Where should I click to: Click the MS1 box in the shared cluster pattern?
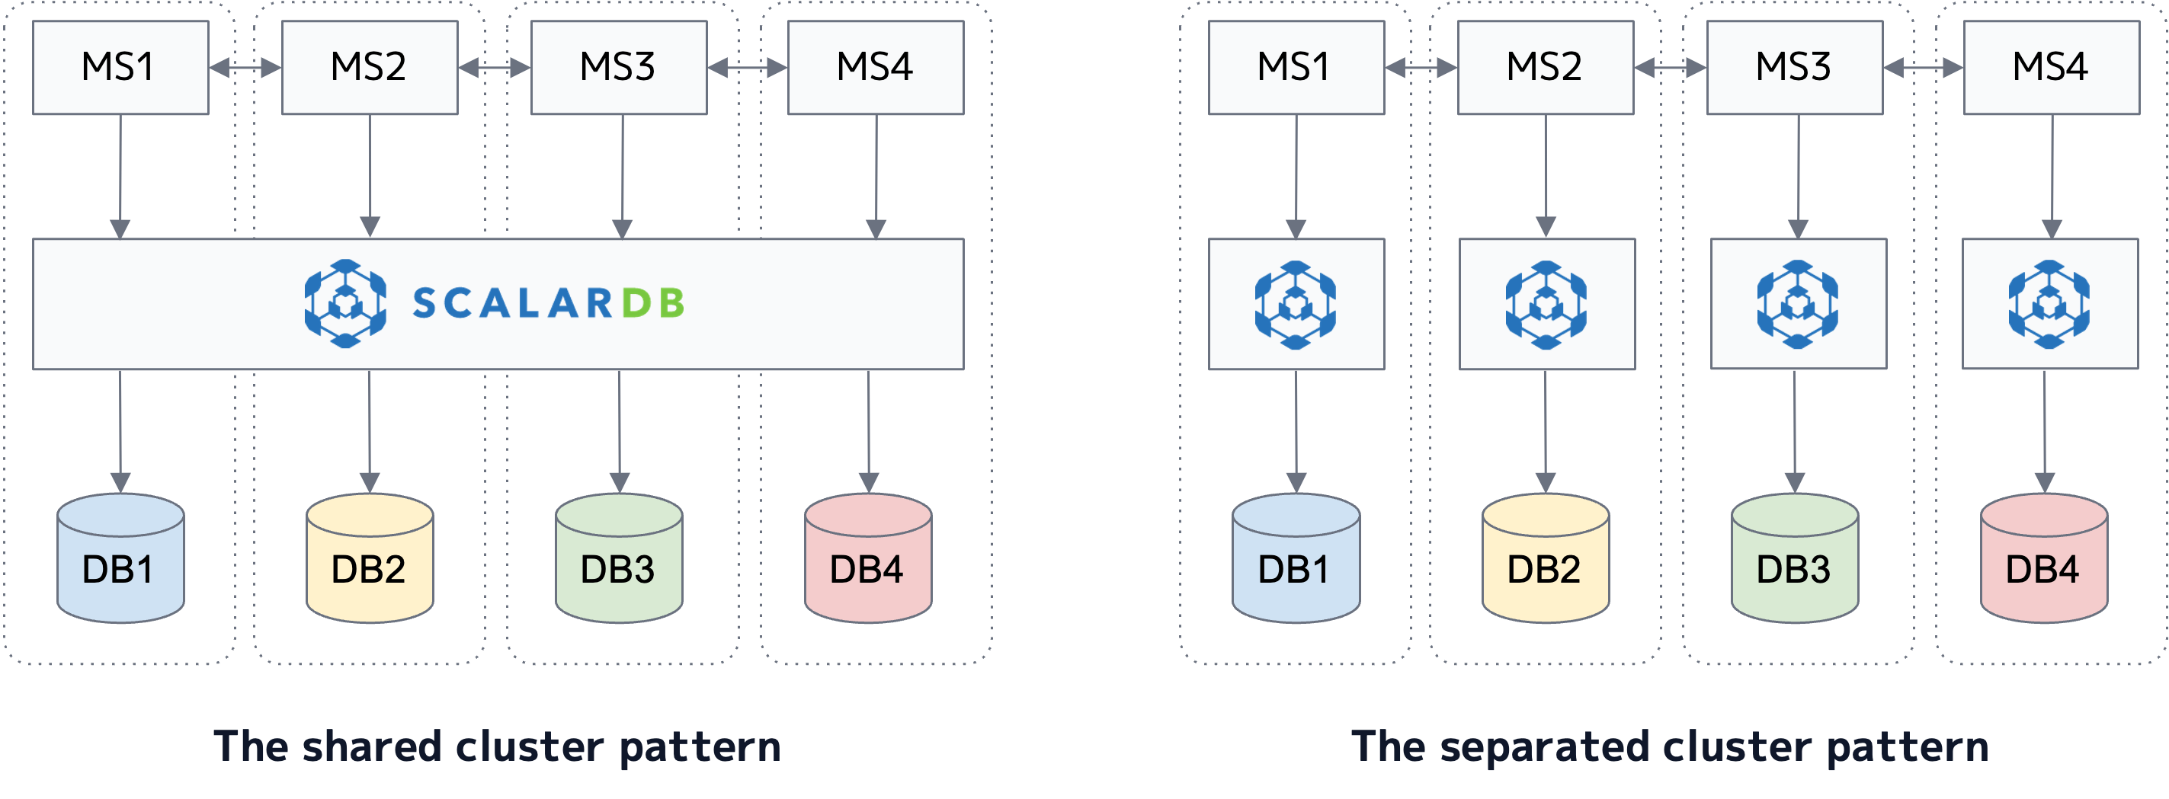(x=120, y=67)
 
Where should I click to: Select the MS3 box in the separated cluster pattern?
(x=1794, y=67)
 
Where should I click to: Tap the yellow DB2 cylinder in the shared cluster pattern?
(x=370, y=560)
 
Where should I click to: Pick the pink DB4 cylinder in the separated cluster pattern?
(x=2043, y=560)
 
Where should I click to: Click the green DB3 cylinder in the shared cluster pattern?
(x=619, y=560)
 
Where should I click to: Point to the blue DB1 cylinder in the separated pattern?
(x=1296, y=560)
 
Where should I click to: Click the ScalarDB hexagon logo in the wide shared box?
(x=345, y=304)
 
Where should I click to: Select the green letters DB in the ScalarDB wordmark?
(x=653, y=304)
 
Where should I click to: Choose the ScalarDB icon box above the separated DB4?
(x=2049, y=304)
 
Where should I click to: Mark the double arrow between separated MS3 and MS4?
(x=1923, y=67)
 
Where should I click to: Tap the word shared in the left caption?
(x=371, y=746)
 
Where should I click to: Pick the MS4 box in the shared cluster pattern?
(x=876, y=67)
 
